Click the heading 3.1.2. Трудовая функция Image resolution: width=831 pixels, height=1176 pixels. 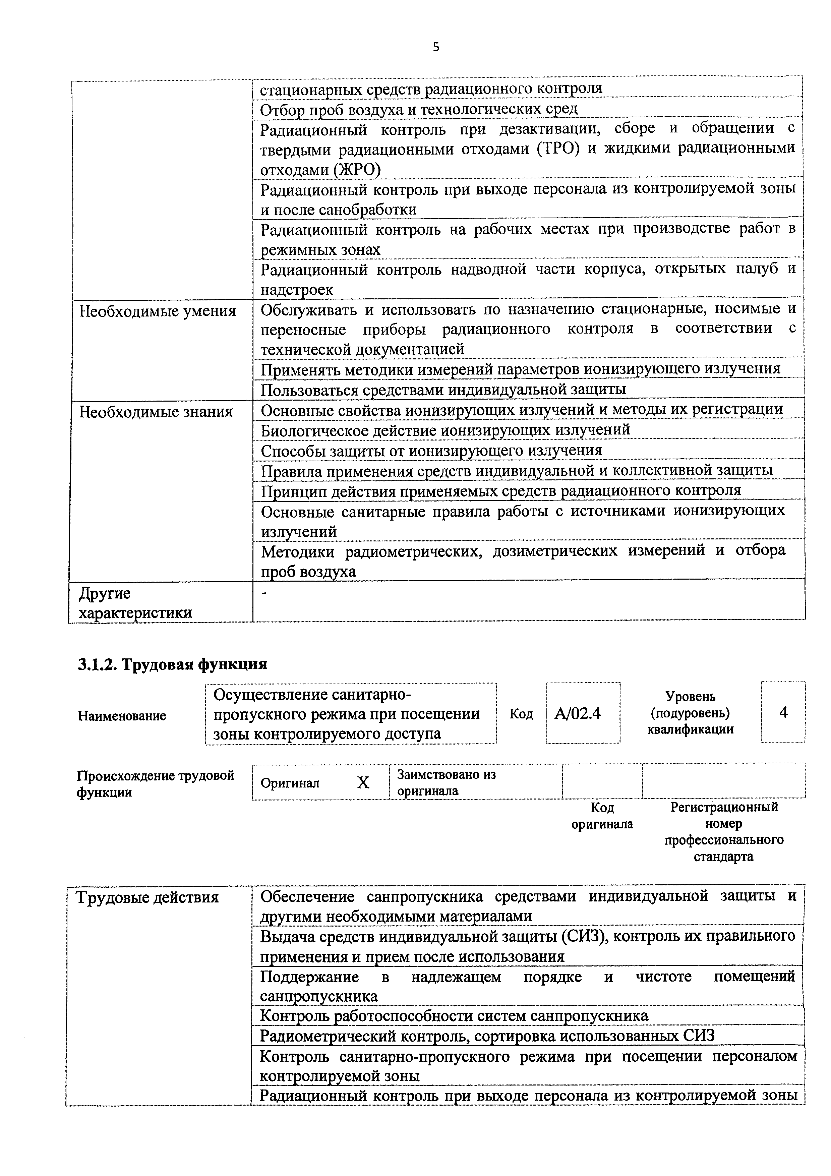[x=173, y=664]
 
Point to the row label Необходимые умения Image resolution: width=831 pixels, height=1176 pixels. [x=158, y=311]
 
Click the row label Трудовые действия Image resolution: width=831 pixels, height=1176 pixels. [x=147, y=897]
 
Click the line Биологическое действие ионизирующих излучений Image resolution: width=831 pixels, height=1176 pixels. [x=446, y=430]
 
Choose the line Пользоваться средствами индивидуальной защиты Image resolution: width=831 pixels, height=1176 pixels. [x=443, y=389]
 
